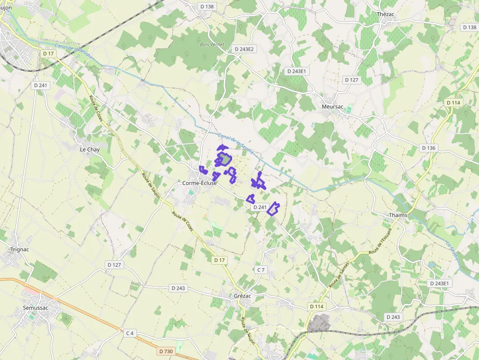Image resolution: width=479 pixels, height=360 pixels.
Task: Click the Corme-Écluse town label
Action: coord(199,183)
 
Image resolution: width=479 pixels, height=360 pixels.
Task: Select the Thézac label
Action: coord(385,14)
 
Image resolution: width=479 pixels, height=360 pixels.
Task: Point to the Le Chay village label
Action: coord(89,149)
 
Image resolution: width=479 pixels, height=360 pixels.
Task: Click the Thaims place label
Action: coord(398,215)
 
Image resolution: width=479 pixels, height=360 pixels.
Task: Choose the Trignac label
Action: coord(20,249)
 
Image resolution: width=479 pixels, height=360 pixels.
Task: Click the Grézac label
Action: coord(242,296)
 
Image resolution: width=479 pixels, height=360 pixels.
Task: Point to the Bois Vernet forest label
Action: coord(212,44)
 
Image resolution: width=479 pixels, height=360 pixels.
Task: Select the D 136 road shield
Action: coord(428,148)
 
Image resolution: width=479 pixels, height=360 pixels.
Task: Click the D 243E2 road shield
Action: coord(244,49)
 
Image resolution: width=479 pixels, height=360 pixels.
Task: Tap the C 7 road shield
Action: coord(261,270)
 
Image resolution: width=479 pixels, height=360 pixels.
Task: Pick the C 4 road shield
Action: coord(130,333)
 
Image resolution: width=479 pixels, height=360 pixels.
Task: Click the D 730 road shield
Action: coord(166,351)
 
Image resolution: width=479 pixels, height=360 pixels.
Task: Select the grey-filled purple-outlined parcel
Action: coord(225,159)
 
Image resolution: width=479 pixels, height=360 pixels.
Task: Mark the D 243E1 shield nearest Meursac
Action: coord(296,71)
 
